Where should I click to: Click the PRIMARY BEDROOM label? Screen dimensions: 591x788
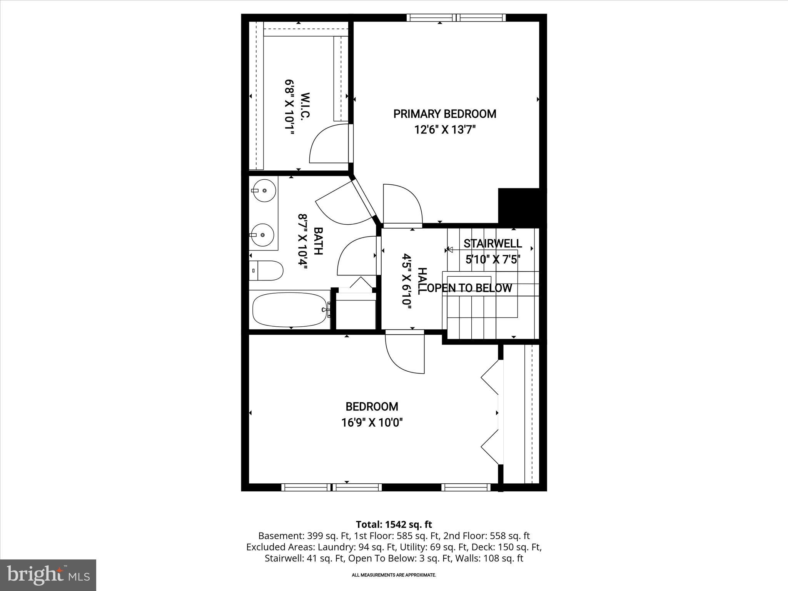coord(444,114)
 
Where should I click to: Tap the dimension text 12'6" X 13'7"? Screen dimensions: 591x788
coord(445,130)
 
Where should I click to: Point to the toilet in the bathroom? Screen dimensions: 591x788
coord(266,270)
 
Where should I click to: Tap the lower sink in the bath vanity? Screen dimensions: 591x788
coord(262,234)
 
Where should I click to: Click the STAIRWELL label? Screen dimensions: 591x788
coord(492,244)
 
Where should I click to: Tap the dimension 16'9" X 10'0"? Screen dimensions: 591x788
coord(372,423)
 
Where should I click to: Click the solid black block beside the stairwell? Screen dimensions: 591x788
coord(521,206)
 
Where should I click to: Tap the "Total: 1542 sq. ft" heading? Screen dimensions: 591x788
coord(394,524)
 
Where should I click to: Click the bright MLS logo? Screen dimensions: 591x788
coord(48,575)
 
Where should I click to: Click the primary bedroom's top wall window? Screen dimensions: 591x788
coord(456,18)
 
